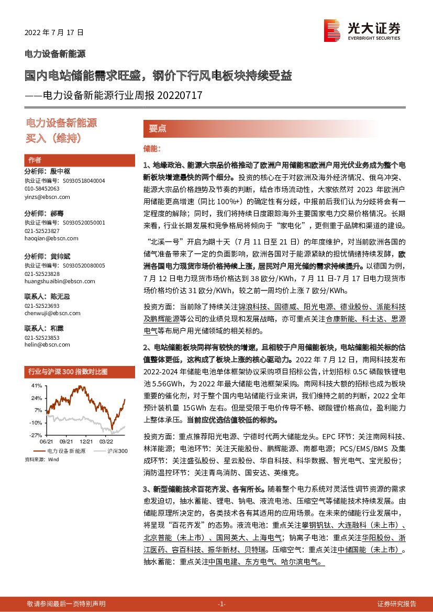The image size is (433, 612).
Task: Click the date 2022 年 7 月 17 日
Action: (54, 32)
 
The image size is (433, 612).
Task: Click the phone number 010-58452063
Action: (42, 188)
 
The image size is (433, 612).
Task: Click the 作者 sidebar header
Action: (35, 160)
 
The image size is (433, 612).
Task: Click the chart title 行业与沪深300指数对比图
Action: (67, 372)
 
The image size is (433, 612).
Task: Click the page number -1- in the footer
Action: (221, 604)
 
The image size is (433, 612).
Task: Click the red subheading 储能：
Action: (152, 149)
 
